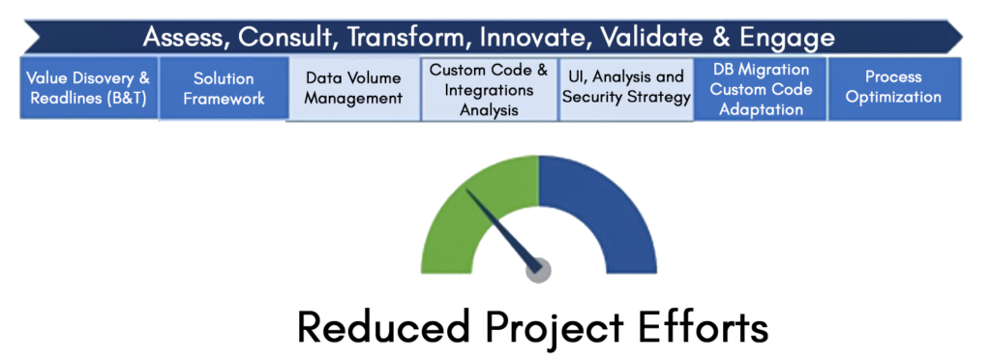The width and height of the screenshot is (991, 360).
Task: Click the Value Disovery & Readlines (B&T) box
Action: pyautogui.click(x=88, y=88)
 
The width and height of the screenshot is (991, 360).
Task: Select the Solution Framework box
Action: pyautogui.click(x=224, y=88)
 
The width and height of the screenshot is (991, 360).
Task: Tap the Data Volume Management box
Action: pyautogui.click(x=353, y=88)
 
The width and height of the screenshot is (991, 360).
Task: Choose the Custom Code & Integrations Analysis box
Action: pyautogui.click(x=489, y=88)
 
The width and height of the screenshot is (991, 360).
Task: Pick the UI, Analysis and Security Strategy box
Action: pyautogui.click(x=626, y=88)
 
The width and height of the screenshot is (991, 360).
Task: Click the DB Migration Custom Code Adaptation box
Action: pyautogui.click(x=761, y=88)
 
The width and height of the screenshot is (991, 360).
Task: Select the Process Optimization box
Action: pyautogui.click(x=894, y=88)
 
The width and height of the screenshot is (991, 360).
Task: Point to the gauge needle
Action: pyautogui.click(x=502, y=227)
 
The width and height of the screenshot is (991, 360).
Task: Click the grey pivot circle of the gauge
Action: pyautogui.click(x=538, y=270)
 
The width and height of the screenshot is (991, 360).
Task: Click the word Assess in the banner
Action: pyautogui.click(x=187, y=38)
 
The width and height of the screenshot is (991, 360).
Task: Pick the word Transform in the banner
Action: pyautogui.click(x=400, y=38)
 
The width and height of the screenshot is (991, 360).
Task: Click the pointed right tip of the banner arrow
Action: pyautogui.click(x=963, y=38)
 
